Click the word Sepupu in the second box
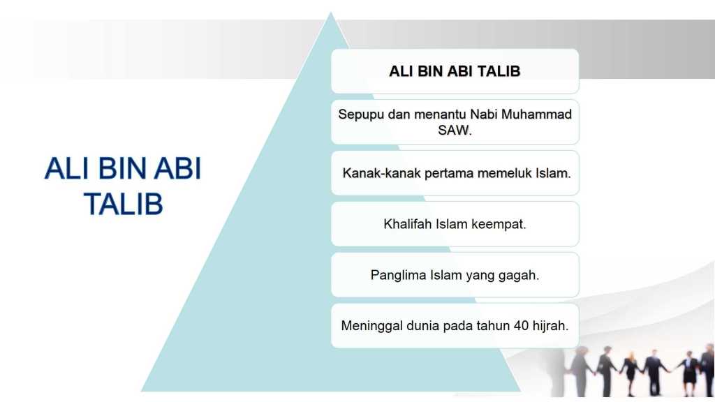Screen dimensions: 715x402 click(x=361, y=115)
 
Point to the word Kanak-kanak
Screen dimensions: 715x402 click(x=382, y=173)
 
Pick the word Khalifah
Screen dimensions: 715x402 click(x=408, y=224)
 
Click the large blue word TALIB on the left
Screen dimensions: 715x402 click(x=124, y=204)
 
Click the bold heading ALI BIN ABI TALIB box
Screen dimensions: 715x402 click(x=455, y=72)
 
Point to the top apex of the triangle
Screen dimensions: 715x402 click(x=330, y=13)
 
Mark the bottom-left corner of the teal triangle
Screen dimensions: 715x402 click(x=141, y=391)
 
